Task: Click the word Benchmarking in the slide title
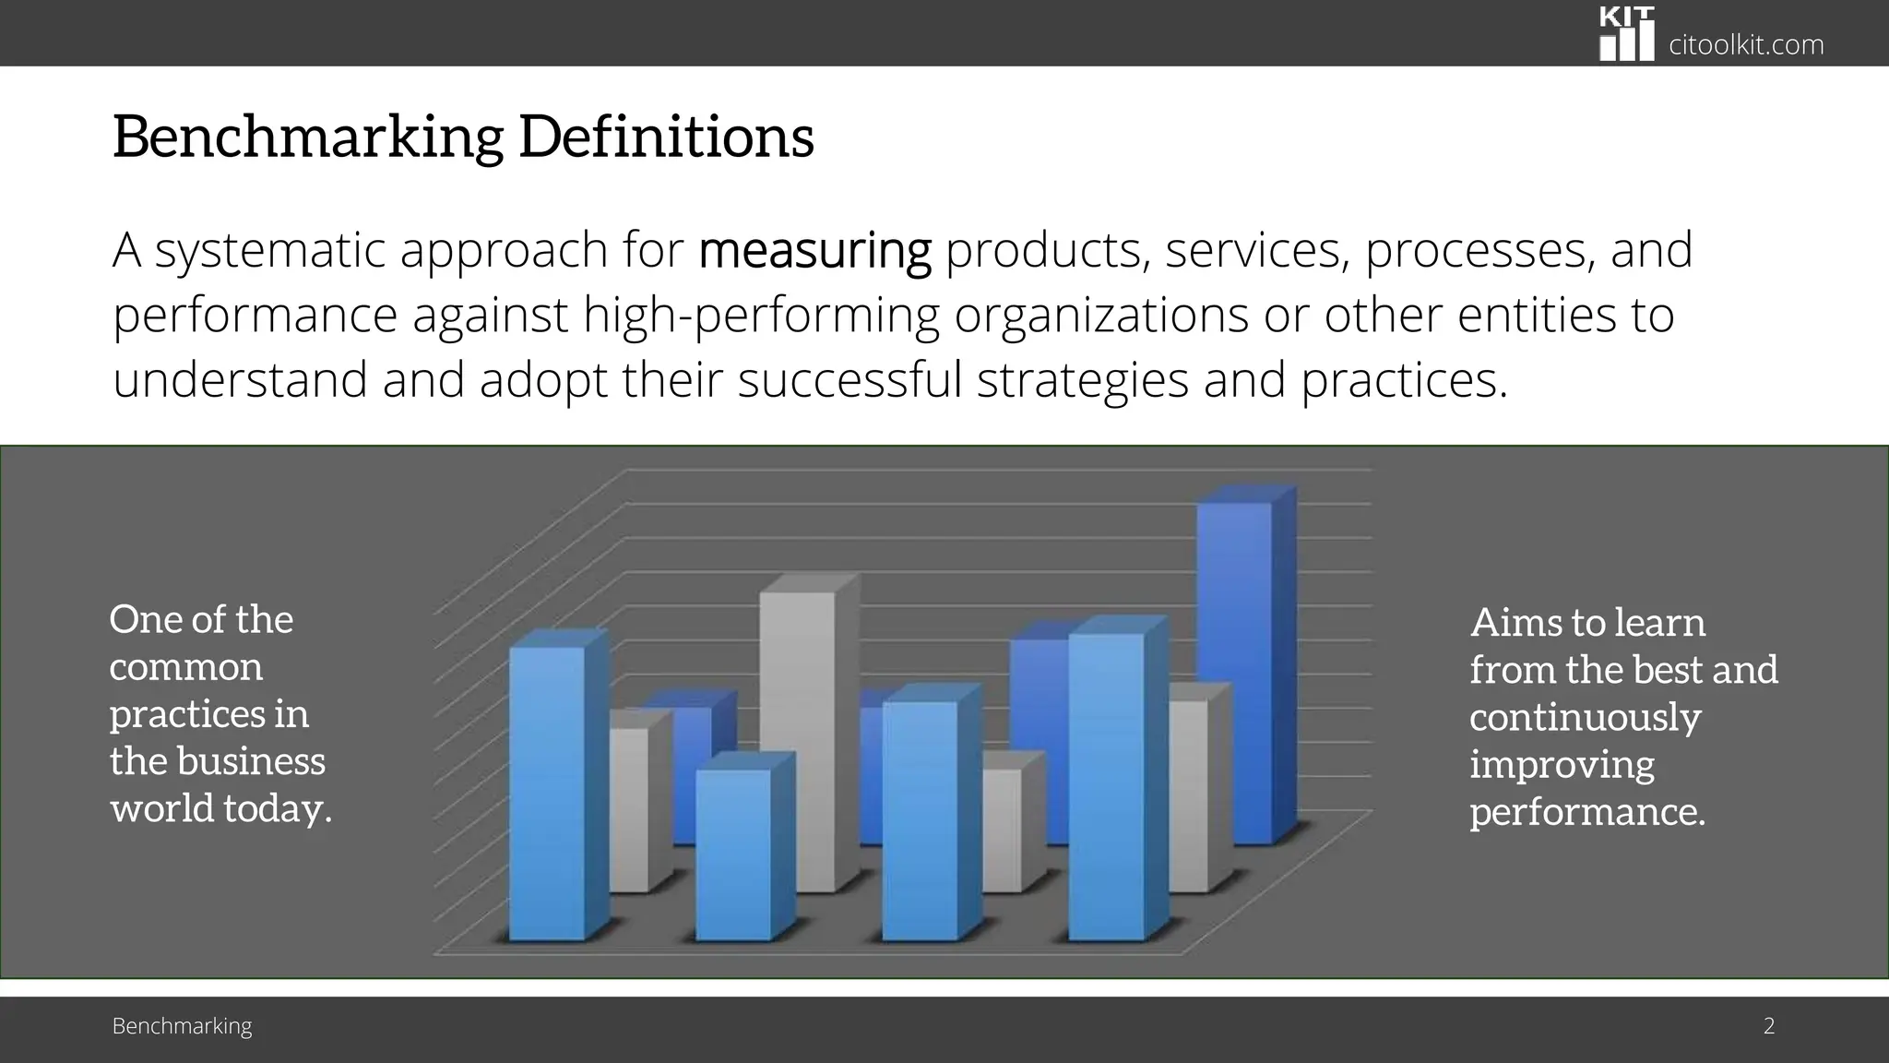pyautogui.click(x=308, y=137)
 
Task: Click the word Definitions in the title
pyautogui.click(x=666, y=137)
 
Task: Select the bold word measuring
pyautogui.click(x=814, y=251)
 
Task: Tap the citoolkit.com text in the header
pyautogui.click(x=1746, y=44)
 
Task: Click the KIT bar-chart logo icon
pyautogui.click(x=1626, y=34)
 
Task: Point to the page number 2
pyautogui.click(x=1769, y=1025)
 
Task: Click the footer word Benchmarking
pyautogui.click(x=182, y=1025)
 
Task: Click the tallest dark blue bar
pyautogui.click(x=1234, y=674)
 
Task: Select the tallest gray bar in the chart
pyautogui.click(x=798, y=738)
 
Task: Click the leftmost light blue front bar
pyautogui.click(x=547, y=794)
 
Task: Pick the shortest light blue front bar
pyautogui.click(x=733, y=854)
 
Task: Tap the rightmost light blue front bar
pyautogui.click(x=1106, y=784)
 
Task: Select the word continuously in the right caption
pyautogui.click(x=1585, y=717)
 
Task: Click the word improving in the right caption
pyautogui.click(x=1562, y=765)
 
